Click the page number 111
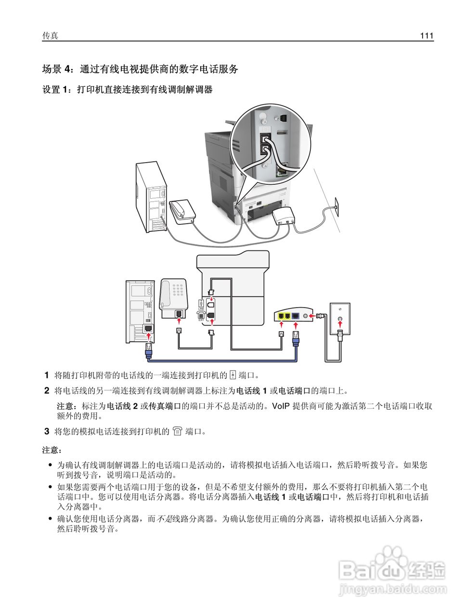(426, 36)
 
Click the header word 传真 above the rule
(50, 36)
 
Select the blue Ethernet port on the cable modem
(296, 316)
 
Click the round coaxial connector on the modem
(306, 316)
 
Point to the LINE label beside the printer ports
(201, 308)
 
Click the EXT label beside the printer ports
(201, 320)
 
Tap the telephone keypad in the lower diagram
(178, 290)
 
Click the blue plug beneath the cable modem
(296, 338)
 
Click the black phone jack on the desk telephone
(179, 314)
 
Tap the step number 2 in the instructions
(47, 391)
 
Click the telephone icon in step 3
(177, 431)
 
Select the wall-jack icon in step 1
(232, 375)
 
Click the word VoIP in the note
(281, 406)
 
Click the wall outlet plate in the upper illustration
(336, 207)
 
